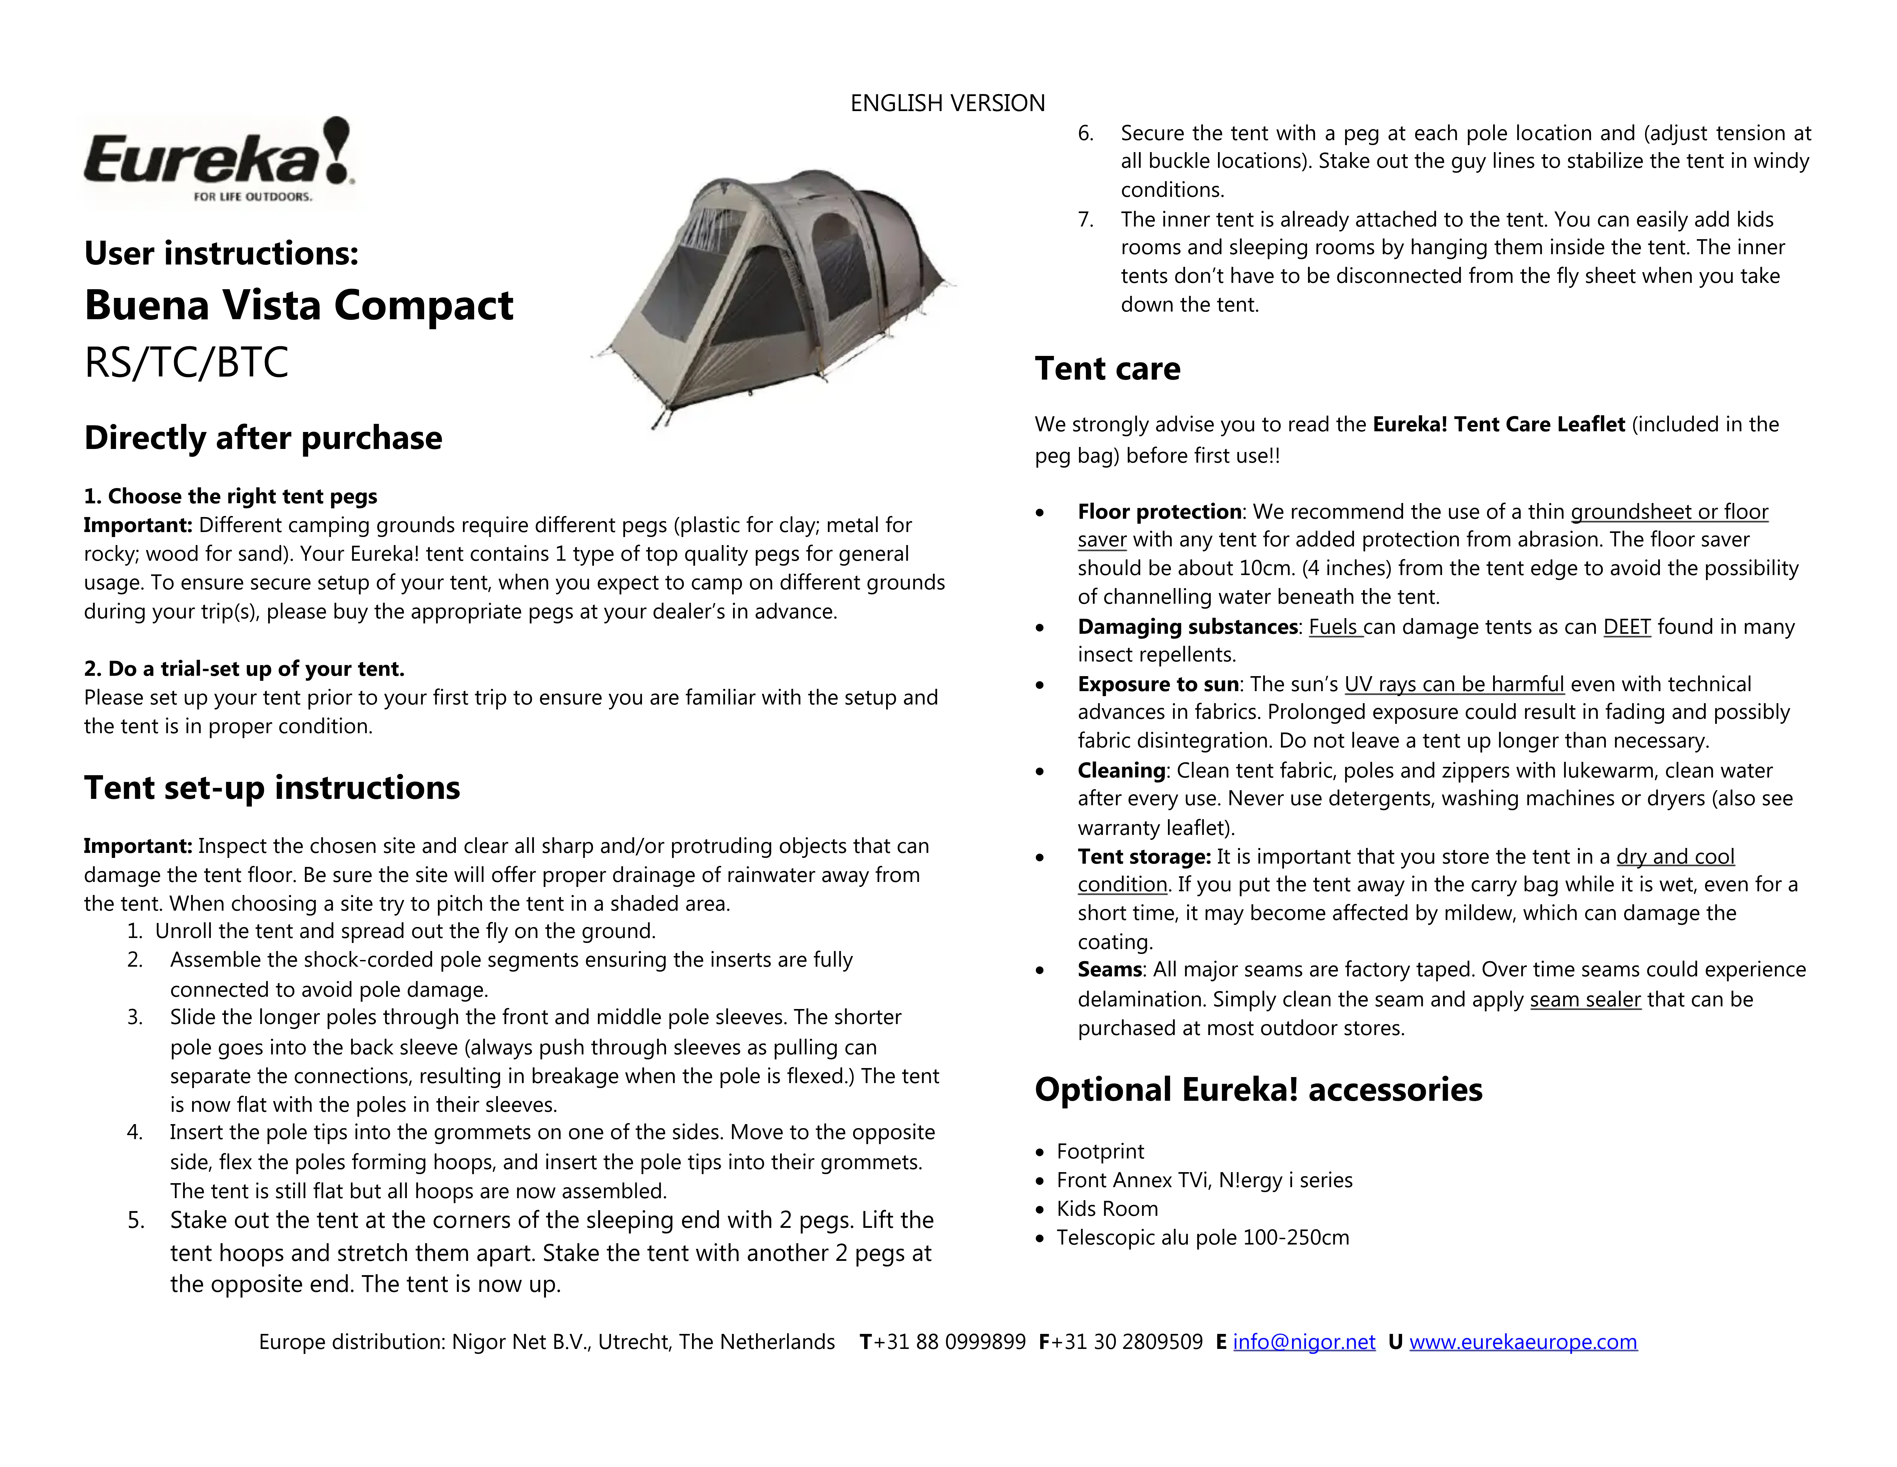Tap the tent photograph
(x=773, y=295)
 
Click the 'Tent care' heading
(x=1108, y=369)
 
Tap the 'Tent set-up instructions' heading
(x=272, y=788)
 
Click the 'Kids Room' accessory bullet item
(x=1108, y=1209)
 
